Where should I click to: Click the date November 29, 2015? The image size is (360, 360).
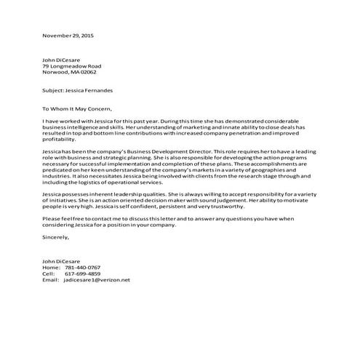tap(68, 35)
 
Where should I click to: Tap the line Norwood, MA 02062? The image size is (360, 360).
tap(69, 72)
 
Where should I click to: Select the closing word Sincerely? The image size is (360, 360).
tap(56, 237)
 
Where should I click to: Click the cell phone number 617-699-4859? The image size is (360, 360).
tap(82, 273)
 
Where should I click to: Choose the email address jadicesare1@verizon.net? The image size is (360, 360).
tap(96, 280)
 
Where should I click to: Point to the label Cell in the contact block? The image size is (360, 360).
tap(49, 273)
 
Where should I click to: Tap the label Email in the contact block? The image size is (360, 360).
tap(51, 280)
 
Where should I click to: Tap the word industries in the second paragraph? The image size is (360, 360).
tap(58, 179)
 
